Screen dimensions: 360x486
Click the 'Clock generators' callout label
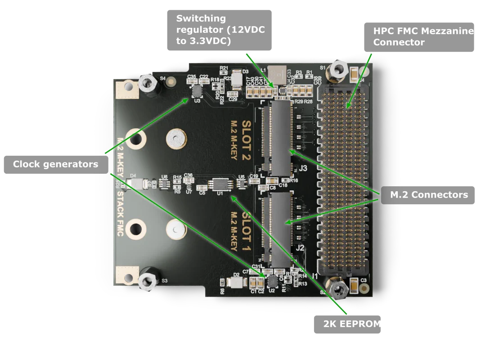pyautogui.click(x=55, y=164)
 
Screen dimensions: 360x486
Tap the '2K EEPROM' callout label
pyautogui.click(x=347, y=324)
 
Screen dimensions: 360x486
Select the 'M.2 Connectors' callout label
pyautogui.click(x=429, y=195)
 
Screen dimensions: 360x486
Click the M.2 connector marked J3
pyautogui.click(x=280, y=137)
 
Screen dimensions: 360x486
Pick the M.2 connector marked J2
pyautogui.click(x=280, y=228)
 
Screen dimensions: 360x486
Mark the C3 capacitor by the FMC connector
pyautogui.click(x=354, y=285)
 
